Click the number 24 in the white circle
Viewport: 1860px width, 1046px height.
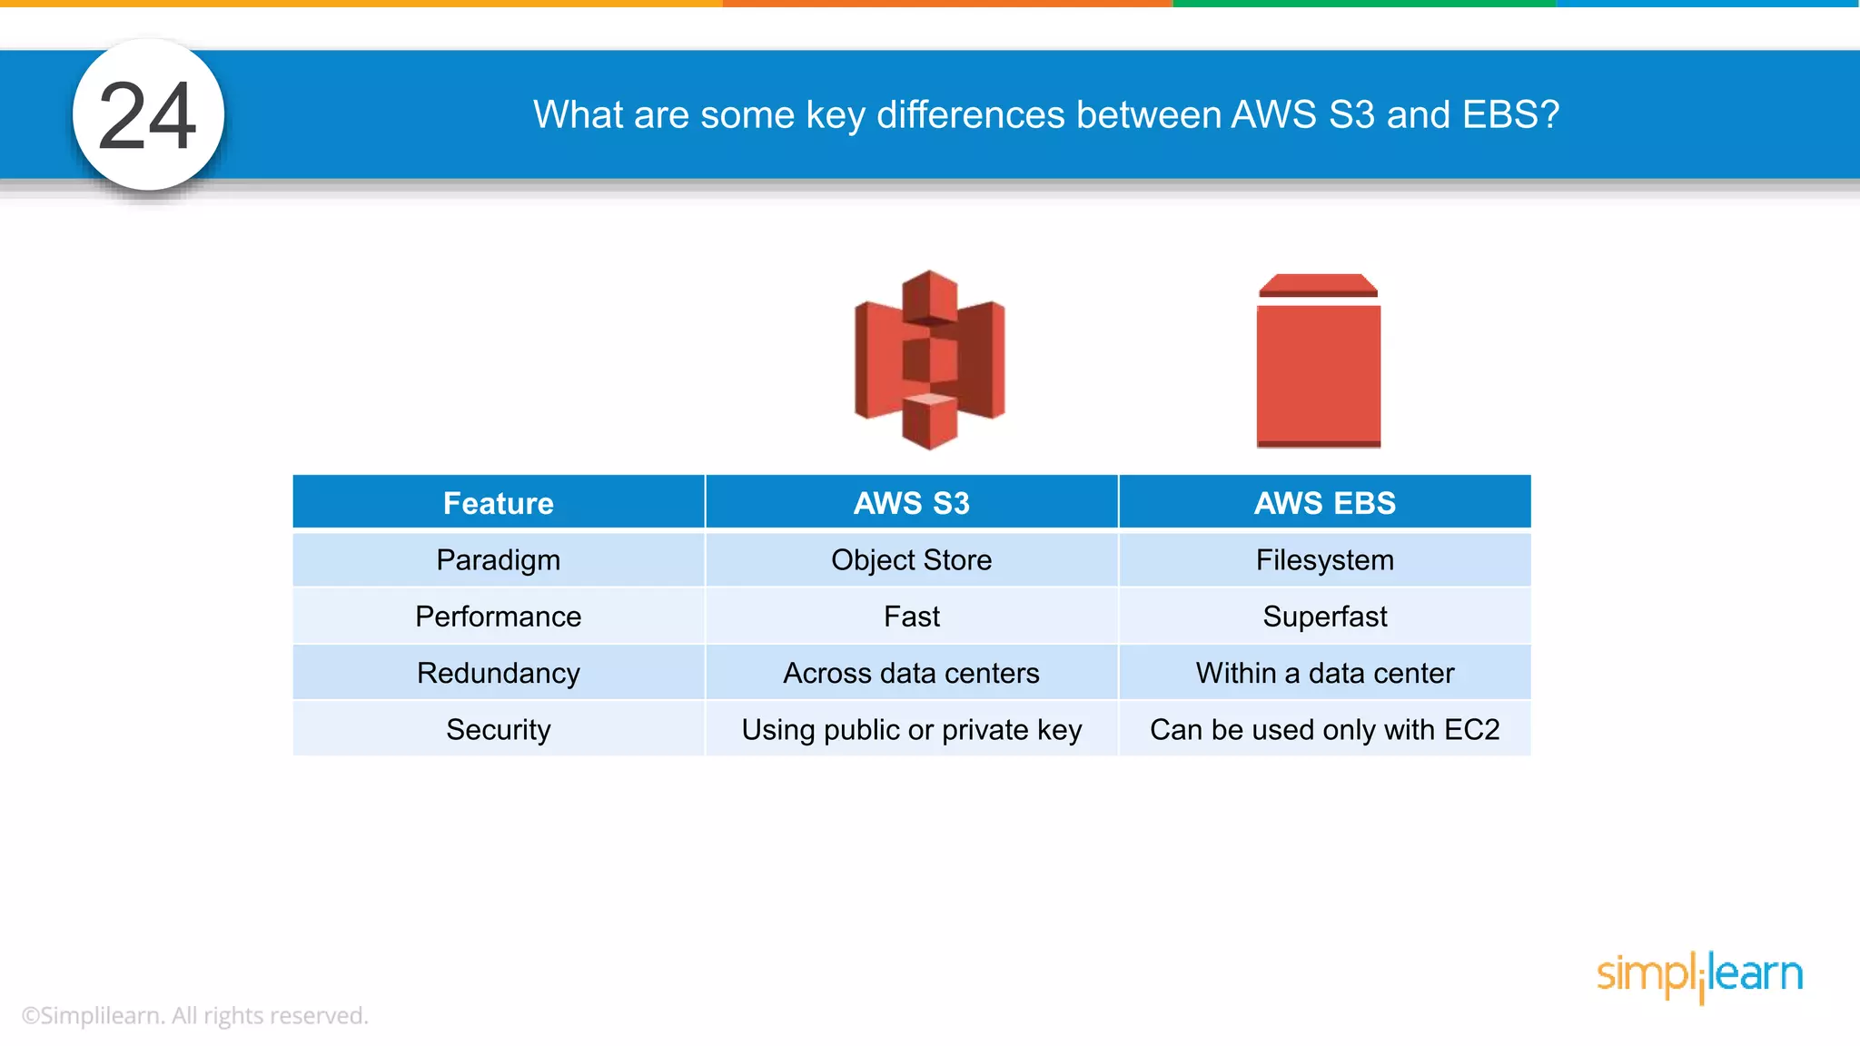point(147,116)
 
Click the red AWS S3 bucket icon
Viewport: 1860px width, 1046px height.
point(929,360)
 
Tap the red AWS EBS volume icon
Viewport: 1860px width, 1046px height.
point(1318,361)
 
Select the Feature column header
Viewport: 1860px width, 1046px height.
point(498,503)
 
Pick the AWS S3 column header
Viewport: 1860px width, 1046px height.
point(911,503)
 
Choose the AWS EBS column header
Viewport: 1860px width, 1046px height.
point(1324,503)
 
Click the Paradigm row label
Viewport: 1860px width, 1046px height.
point(498,560)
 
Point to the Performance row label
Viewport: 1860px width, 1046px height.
point(498,617)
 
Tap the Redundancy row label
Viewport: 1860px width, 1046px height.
point(498,673)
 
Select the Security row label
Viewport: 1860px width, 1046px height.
point(498,729)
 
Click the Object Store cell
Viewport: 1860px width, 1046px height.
point(911,560)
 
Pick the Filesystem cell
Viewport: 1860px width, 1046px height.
point(1324,560)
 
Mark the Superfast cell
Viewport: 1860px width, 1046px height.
point(1324,617)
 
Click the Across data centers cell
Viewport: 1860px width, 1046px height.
point(911,673)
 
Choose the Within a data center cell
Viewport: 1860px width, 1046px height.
point(1324,673)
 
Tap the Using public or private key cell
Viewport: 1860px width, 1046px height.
point(911,729)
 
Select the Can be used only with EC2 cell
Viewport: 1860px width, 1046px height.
point(1324,729)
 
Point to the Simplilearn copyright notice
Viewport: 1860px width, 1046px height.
point(194,1015)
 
